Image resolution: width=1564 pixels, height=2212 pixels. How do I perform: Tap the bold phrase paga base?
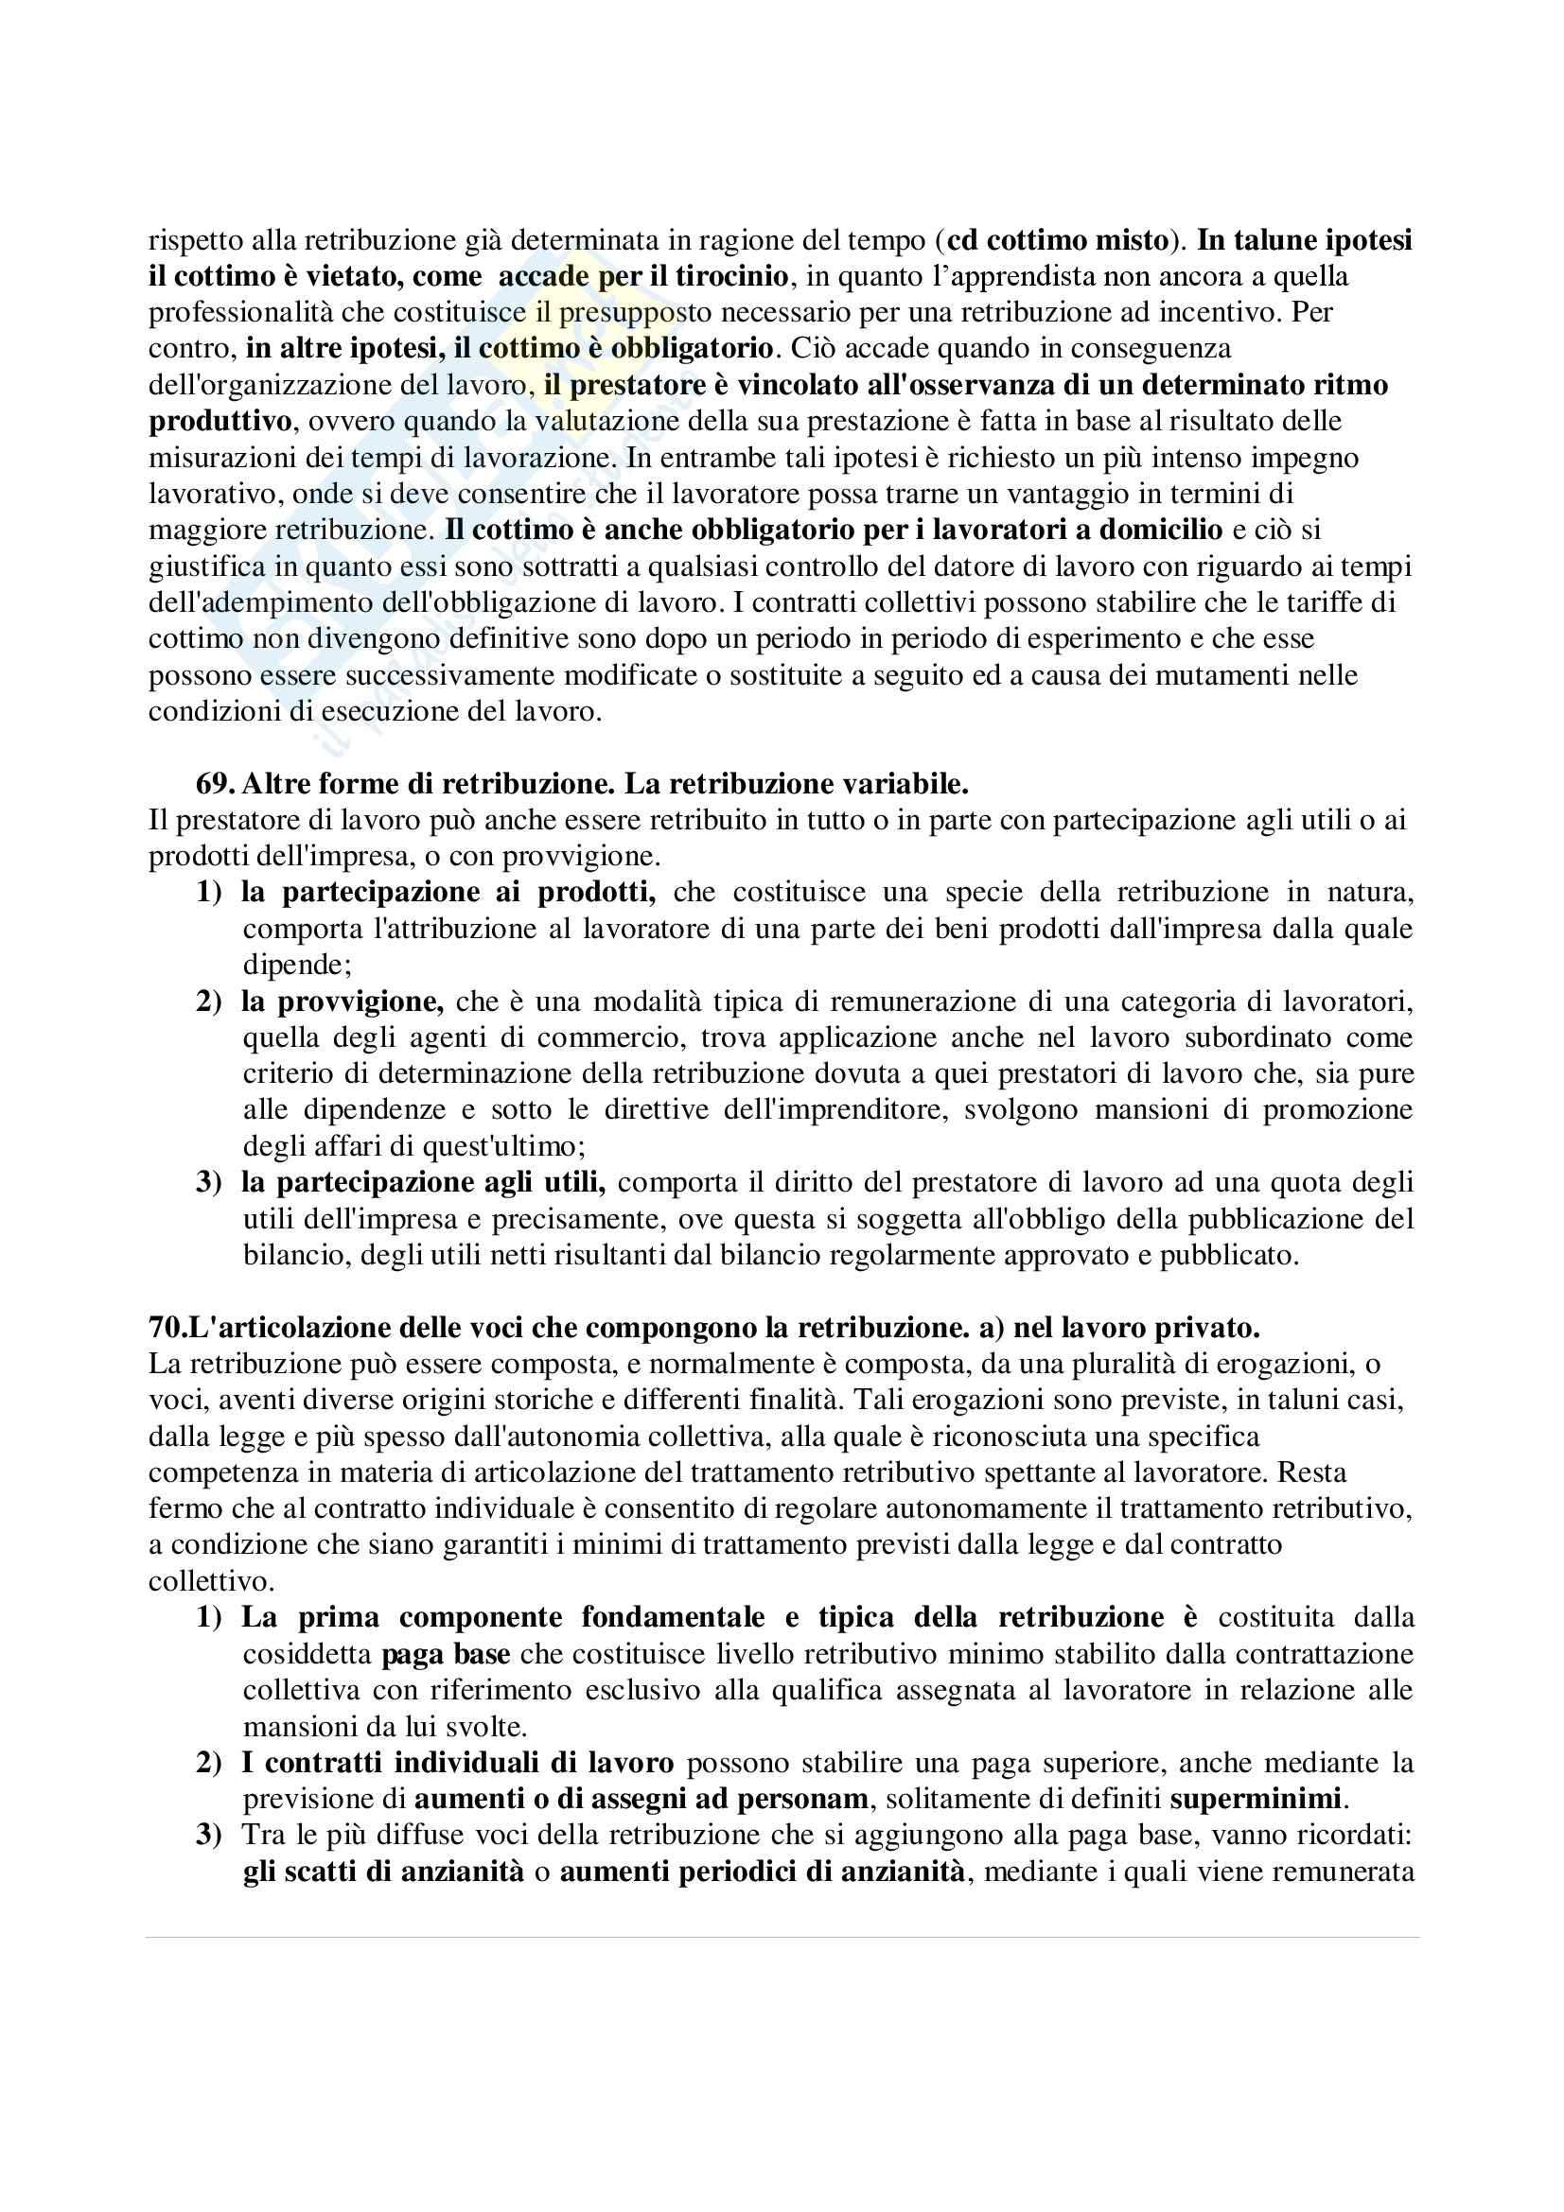446,1654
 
